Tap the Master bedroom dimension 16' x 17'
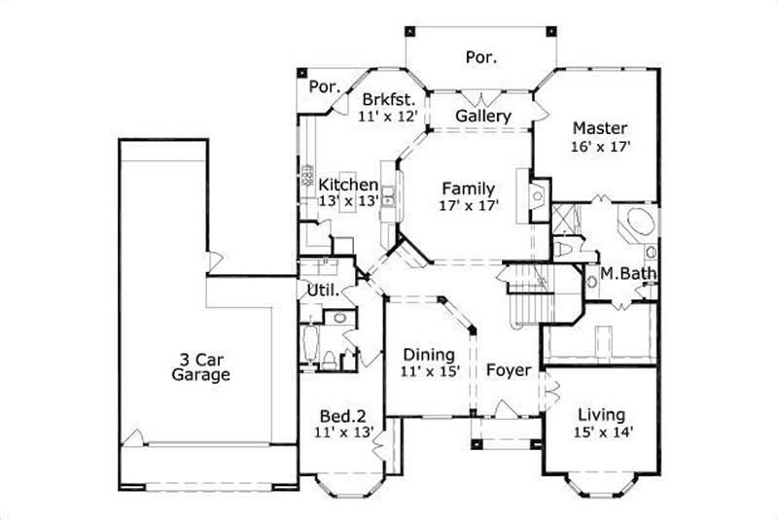pos(599,148)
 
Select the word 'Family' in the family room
pos(469,189)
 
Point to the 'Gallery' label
pos(483,117)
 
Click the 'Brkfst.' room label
pos(389,99)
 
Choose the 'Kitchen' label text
pos(348,185)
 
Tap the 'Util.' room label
pos(322,290)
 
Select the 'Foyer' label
pos(509,370)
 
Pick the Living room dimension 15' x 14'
pos(600,432)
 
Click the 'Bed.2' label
pos(343,415)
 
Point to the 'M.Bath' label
pos(627,273)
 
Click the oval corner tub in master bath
pos(638,221)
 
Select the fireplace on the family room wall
pos(535,194)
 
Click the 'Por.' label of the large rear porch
pos(480,57)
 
